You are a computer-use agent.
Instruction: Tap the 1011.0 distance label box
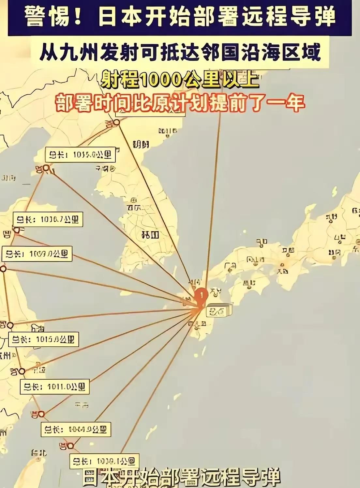coord(54,387)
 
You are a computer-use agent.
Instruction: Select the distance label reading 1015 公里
coord(43,339)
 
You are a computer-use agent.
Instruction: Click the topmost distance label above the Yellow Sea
coord(80,154)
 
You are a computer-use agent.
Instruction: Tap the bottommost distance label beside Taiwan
coord(104,461)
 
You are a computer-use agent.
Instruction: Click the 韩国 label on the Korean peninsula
coord(150,234)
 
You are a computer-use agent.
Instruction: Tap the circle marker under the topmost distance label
coord(46,168)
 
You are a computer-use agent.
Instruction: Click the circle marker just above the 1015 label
coord(10,325)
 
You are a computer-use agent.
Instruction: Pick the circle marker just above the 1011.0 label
coord(22,371)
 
